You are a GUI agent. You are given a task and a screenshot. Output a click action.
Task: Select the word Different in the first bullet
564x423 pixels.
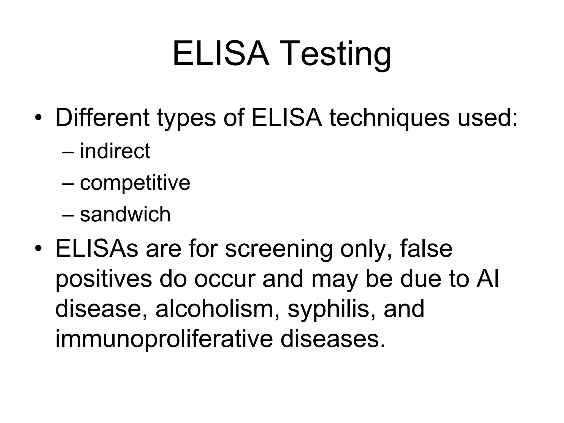pyautogui.click(x=102, y=118)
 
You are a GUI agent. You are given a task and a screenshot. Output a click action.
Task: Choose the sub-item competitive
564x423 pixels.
pyautogui.click(x=135, y=183)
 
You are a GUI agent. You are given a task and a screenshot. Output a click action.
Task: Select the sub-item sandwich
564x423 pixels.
pyautogui.click(x=125, y=214)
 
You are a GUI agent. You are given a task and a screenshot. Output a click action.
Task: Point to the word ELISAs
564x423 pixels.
pyautogui.click(x=97, y=249)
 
